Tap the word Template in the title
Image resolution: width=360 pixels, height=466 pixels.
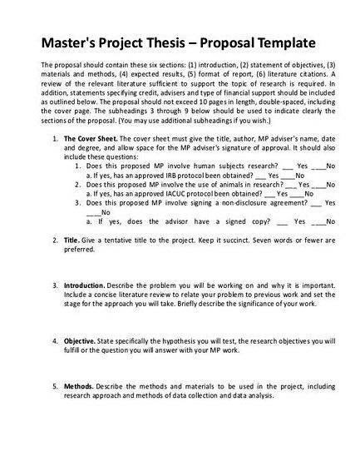click(283, 42)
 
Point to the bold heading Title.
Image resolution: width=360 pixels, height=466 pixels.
click(72, 239)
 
